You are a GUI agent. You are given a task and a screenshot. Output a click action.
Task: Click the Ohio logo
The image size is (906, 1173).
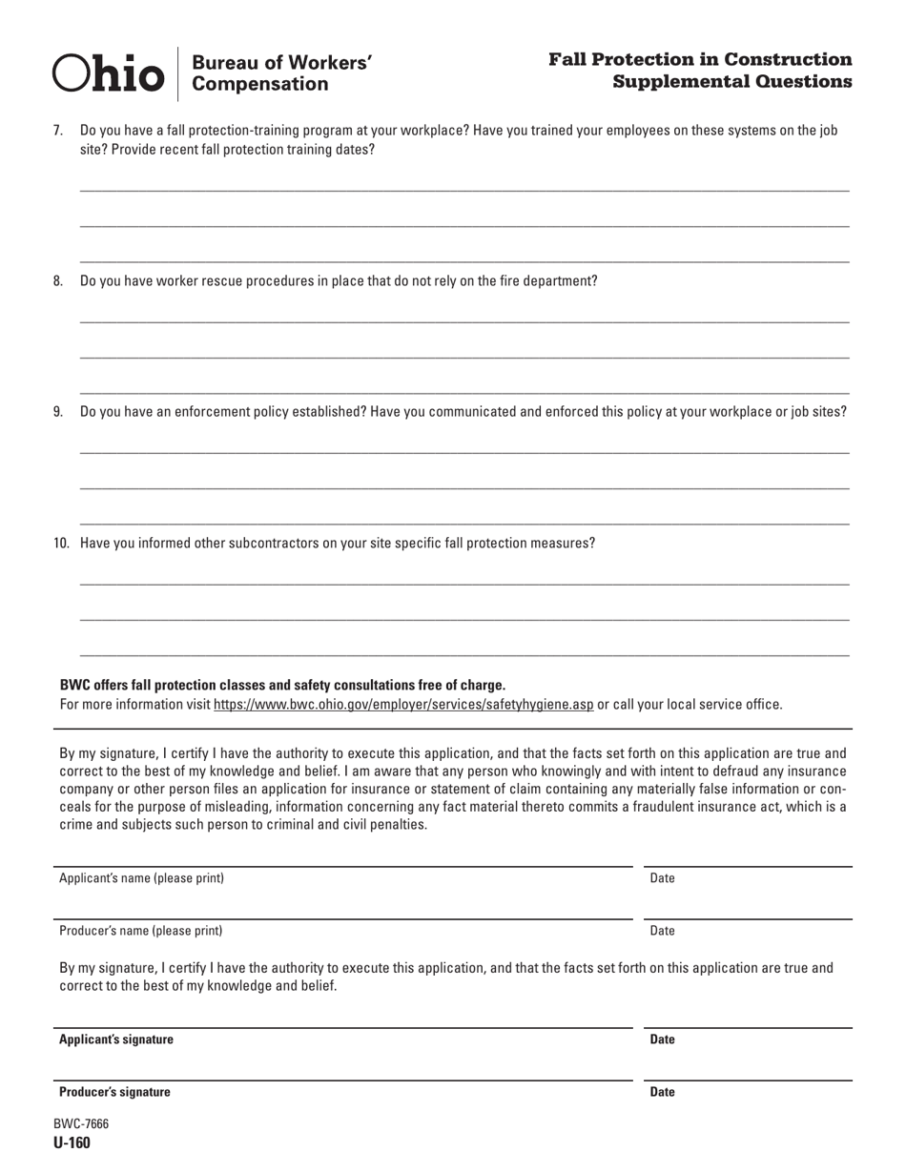click(108, 72)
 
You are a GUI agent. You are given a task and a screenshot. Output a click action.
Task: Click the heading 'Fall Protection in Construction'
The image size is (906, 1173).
click(700, 59)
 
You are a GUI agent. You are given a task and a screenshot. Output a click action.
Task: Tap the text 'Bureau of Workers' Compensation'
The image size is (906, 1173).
click(281, 73)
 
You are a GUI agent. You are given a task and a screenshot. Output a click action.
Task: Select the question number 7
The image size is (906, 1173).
click(58, 131)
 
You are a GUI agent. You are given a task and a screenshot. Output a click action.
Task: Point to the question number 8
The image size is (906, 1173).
click(58, 281)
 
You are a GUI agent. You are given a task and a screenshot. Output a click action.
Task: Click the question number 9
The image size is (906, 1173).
click(58, 412)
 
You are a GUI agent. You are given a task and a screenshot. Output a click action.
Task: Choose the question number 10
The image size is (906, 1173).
click(61, 544)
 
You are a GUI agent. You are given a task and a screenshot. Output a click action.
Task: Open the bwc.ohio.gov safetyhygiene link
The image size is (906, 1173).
click(403, 705)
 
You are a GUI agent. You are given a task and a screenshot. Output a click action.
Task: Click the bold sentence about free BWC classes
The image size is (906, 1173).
click(282, 685)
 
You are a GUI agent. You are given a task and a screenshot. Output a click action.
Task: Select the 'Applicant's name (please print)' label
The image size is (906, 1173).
click(142, 878)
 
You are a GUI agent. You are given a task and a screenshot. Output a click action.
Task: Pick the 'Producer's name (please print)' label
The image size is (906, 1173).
click(141, 931)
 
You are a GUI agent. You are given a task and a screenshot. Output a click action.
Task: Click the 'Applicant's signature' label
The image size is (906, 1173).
click(116, 1039)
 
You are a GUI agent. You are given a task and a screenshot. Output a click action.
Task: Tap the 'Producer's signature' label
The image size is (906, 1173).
click(115, 1092)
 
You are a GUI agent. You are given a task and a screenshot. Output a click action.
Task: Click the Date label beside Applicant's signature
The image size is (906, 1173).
click(662, 1039)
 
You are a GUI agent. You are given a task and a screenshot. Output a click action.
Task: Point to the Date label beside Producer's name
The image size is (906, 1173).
click(662, 931)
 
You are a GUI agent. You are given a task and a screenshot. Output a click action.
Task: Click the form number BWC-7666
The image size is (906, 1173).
click(81, 1124)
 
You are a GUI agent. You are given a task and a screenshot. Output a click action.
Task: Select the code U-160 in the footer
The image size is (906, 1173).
click(72, 1143)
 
